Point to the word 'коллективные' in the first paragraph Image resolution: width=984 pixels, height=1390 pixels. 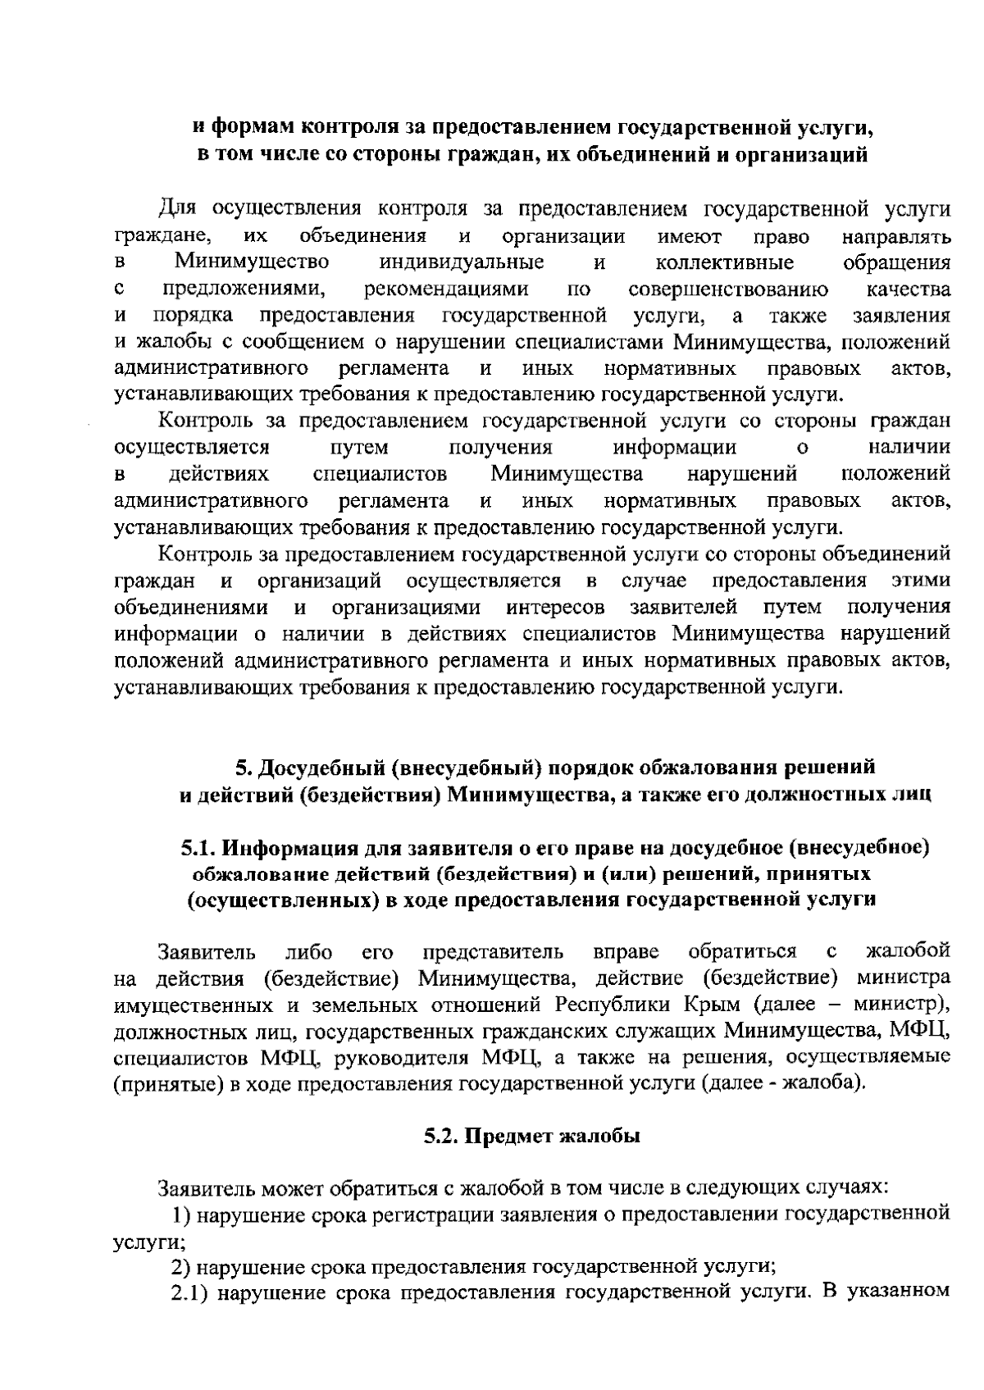click(x=725, y=262)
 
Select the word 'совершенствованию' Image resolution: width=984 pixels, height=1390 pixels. click(x=728, y=289)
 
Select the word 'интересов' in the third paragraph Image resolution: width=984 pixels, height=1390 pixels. click(x=556, y=608)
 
